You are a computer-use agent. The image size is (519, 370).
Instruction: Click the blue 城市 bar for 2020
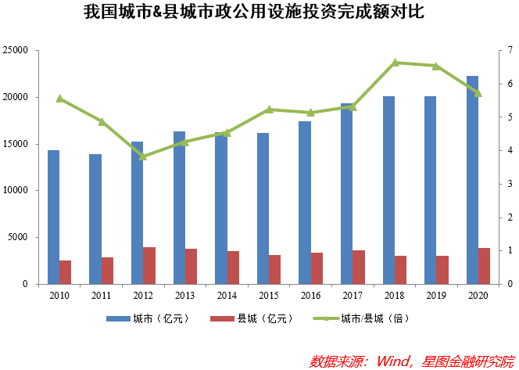(472, 180)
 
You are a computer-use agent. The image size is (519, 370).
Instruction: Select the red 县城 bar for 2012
(149, 266)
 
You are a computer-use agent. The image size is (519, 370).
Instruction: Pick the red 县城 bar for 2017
(359, 268)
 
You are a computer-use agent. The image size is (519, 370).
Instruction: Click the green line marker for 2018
(396, 63)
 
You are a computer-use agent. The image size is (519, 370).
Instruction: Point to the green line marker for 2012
(143, 156)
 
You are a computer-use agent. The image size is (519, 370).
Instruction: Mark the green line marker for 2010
(59, 99)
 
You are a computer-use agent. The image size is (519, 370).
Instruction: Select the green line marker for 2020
(478, 93)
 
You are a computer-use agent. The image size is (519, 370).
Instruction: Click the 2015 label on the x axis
(269, 296)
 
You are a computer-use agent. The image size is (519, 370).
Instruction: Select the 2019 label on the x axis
(436, 296)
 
